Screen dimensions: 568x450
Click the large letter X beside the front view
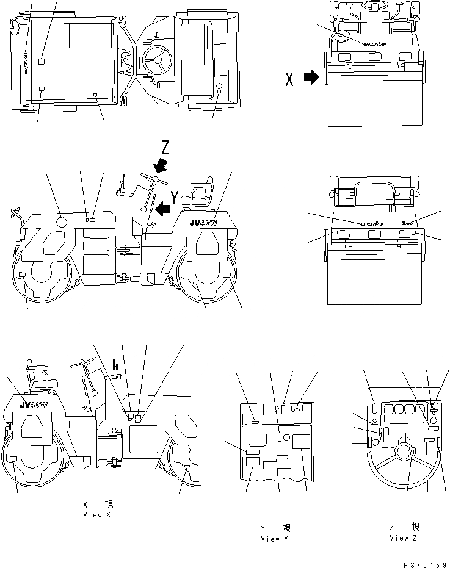tap(290, 79)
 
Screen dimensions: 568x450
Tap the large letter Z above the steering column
tap(164, 147)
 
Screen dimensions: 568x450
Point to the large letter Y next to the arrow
tap(175, 196)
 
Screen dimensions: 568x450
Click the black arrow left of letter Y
tap(162, 210)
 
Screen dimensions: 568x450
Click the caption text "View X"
tap(97, 515)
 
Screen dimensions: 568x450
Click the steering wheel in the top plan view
tap(155, 61)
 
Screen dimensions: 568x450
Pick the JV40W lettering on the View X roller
tap(33, 404)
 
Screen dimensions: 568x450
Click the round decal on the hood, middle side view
tap(62, 222)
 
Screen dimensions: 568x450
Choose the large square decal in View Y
tap(300, 442)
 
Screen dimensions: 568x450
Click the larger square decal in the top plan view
tap(42, 61)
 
